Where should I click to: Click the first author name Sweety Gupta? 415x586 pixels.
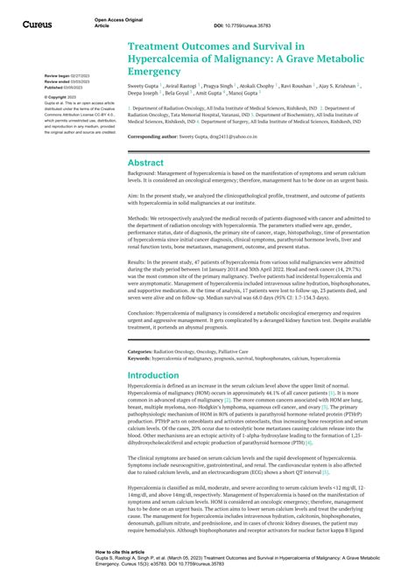coord(145,87)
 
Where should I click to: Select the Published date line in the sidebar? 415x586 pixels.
coord(66,87)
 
